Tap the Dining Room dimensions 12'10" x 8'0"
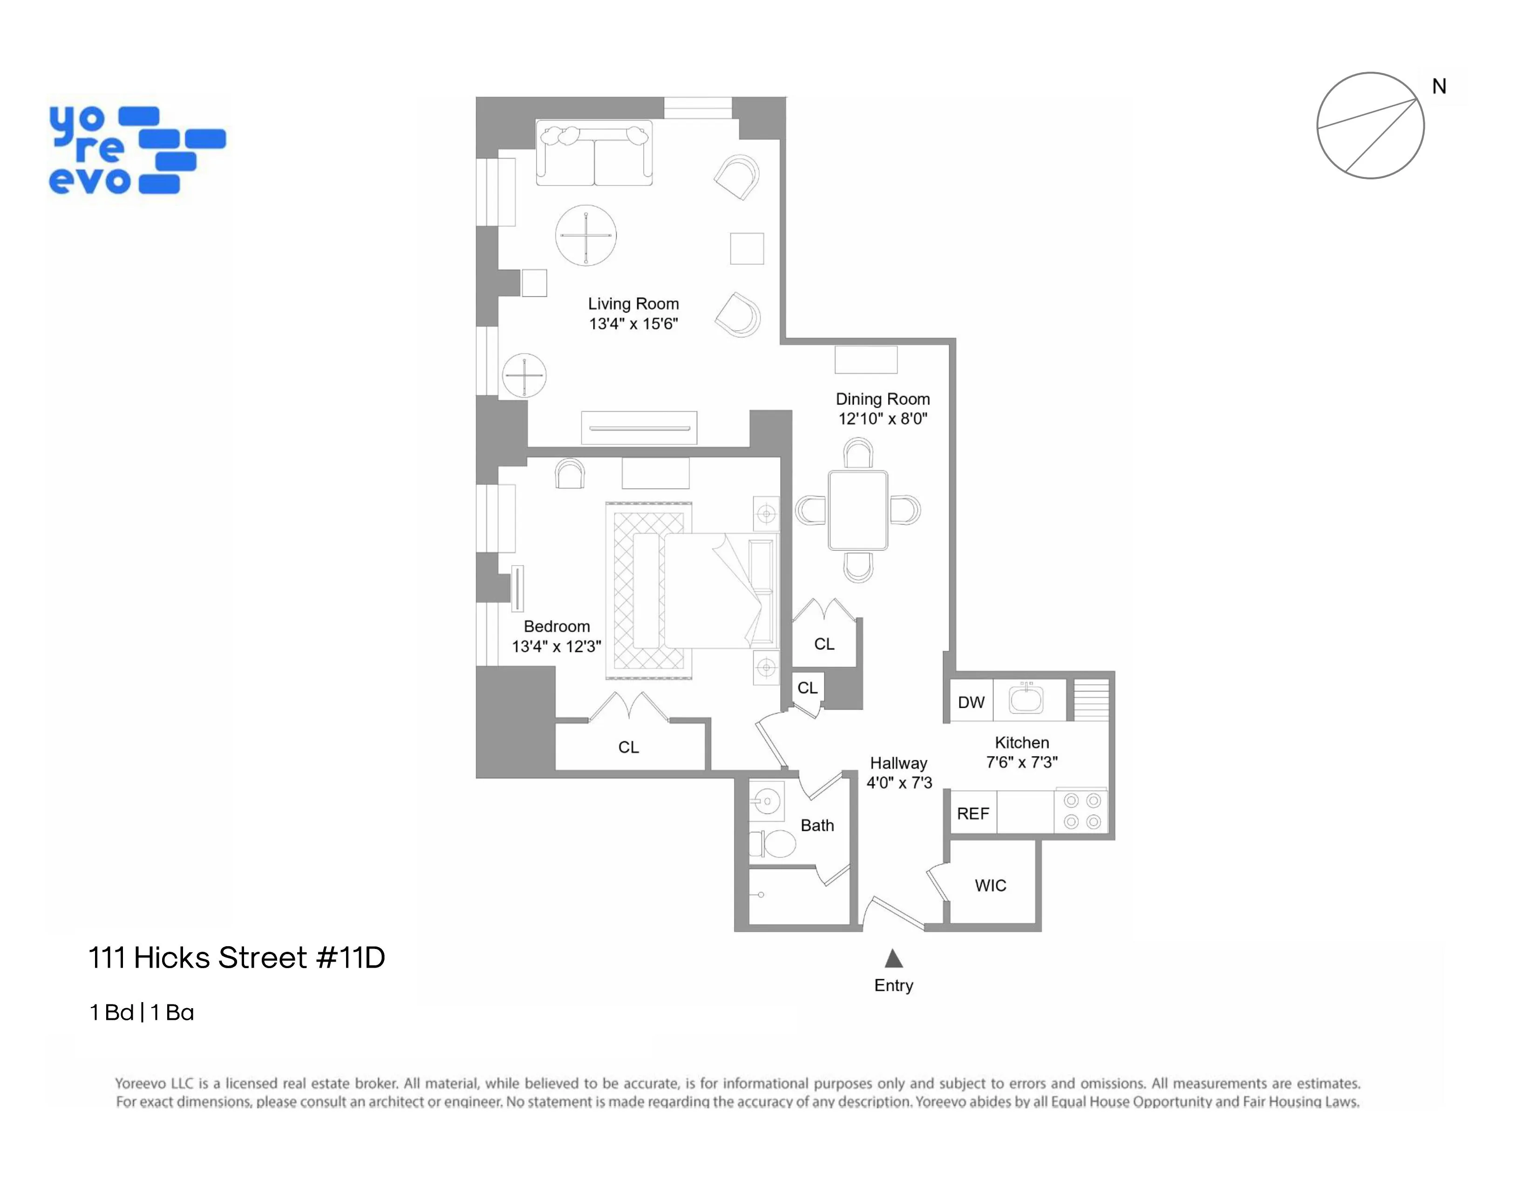[883, 419]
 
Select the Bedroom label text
[557, 626]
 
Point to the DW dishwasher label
[971, 703]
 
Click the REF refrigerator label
[973, 813]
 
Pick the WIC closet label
[990, 885]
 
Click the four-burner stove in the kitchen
[1081, 811]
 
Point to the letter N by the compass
[1439, 87]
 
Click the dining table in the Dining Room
[858, 510]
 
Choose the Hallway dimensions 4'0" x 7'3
[899, 783]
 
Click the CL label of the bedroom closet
[628, 747]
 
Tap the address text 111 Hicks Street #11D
[237, 958]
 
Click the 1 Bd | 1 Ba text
[142, 1012]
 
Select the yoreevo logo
[137, 150]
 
